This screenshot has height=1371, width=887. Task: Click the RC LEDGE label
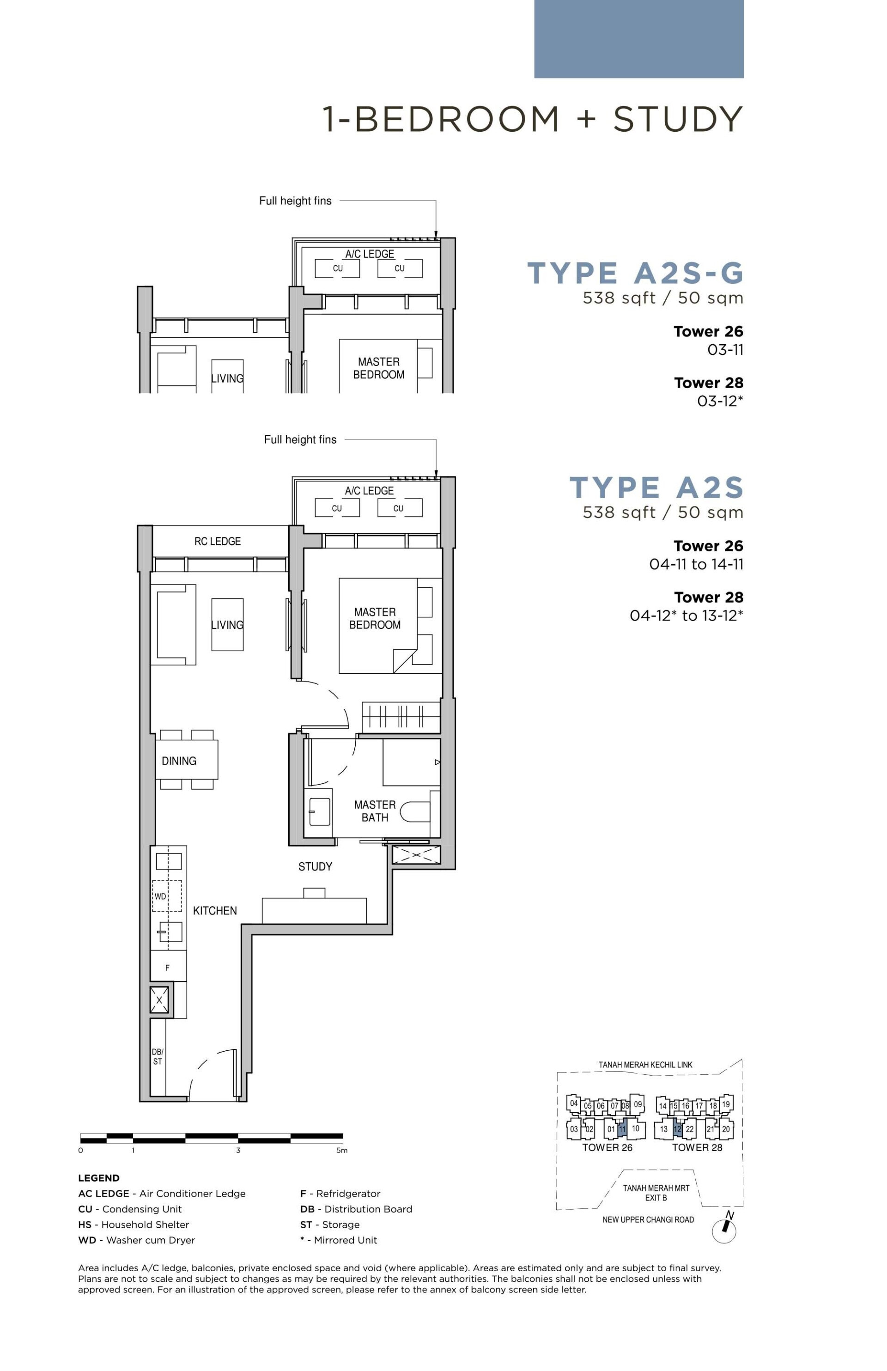coord(217,542)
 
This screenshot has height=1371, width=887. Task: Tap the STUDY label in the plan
coord(315,866)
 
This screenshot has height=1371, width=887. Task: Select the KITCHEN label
coord(215,911)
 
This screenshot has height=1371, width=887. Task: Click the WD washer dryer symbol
coord(166,896)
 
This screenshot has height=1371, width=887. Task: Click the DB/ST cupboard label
coord(157,1056)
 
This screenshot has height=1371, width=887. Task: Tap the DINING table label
coord(179,761)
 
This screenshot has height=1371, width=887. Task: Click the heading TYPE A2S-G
coord(635,273)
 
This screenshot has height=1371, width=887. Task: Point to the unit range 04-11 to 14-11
coord(696,565)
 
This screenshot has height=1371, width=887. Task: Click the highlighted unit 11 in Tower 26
coord(621,1130)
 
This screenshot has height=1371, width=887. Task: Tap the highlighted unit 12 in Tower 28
coord(677,1130)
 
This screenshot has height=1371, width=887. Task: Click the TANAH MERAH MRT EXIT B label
coord(656,1193)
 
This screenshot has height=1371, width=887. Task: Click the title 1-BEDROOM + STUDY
coord(532,119)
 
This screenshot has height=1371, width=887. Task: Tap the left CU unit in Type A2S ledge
coord(337,508)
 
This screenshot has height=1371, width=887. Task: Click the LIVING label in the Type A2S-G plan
coord(227,378)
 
